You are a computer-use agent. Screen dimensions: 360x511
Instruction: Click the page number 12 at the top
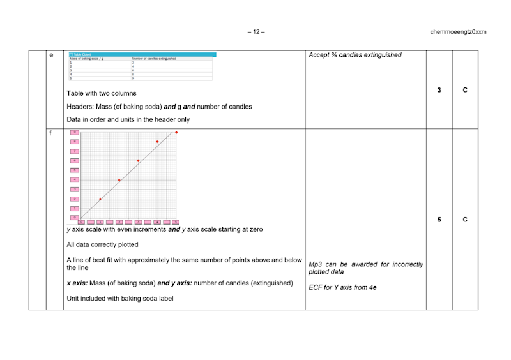tap(256, 31)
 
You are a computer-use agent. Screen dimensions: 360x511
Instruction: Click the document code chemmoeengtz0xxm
tap(458, 31)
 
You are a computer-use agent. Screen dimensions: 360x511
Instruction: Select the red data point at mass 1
tap(100, 199)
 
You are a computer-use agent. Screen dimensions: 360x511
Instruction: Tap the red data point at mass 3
tap(138, 161)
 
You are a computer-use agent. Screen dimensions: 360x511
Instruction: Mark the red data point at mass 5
tap(176, 132)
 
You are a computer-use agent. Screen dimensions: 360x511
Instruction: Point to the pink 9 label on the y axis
tap(74, 132)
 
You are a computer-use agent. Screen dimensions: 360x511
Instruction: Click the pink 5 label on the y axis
tap(74, 170)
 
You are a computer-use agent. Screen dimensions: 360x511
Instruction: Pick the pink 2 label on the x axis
tap(119, 222)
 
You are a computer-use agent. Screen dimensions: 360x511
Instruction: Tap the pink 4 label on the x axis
tap(157, 222)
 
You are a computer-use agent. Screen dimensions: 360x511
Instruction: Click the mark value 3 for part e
tap(439, 90)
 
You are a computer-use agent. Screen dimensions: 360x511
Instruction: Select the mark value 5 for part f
tap(439, 220)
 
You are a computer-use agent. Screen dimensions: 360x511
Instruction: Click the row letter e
tap(51, 55)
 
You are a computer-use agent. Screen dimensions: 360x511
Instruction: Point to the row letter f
tap(50, 133)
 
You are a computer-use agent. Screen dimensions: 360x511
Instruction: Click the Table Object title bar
tap(142, 54)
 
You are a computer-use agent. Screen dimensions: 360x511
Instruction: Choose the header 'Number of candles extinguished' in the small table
tap(154, 59)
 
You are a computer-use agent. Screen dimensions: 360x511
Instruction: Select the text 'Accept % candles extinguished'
tap(355, 55)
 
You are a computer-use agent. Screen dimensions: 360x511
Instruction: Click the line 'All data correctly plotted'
tap(102, 244)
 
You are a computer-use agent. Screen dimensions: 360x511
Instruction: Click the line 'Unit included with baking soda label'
tap(120, 299)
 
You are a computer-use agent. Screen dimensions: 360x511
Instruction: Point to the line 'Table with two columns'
tap(102, 93)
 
